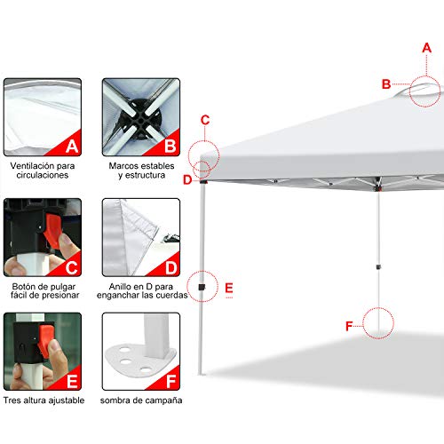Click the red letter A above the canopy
click(x=426, y=48)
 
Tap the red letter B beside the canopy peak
click(x=386, y=84)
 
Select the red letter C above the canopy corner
click(x=205, y=120)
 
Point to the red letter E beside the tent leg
click(x=229, y=288)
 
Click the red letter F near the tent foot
click(x=349, y=326)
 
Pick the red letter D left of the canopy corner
click(x=187, y=179)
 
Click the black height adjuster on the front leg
click(x=202, y=287)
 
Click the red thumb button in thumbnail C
click(x=52, y=230)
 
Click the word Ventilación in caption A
click(x=32, y=166)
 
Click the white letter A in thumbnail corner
click(x=72, y=147)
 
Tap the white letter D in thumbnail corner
click(x=171, y=267)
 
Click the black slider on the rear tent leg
click(x=378, y=267)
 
